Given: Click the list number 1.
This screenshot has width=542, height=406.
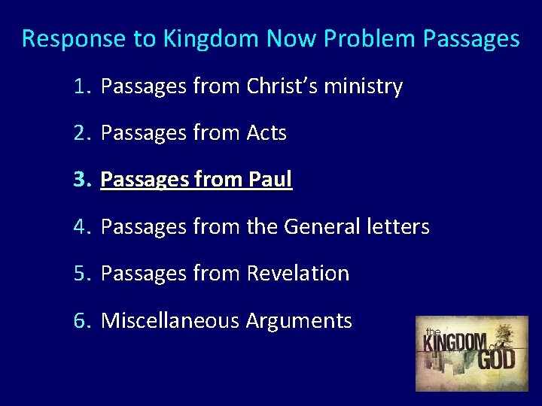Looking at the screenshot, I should click(x=81, y=86).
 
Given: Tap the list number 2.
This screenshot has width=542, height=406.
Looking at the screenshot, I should click(x=81, y=133).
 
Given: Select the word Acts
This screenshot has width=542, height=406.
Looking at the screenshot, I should click(x=266, y=133).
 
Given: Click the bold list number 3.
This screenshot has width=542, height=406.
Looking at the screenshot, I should click(x=81, y=180).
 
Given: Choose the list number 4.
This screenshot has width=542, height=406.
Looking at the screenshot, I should click(x=81, y=226).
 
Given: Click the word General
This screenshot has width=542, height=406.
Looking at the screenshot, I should click(x=324, y=226).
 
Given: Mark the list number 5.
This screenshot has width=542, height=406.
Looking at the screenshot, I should click(x=81, y=273).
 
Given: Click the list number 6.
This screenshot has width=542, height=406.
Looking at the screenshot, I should click(x=81, y=320).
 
